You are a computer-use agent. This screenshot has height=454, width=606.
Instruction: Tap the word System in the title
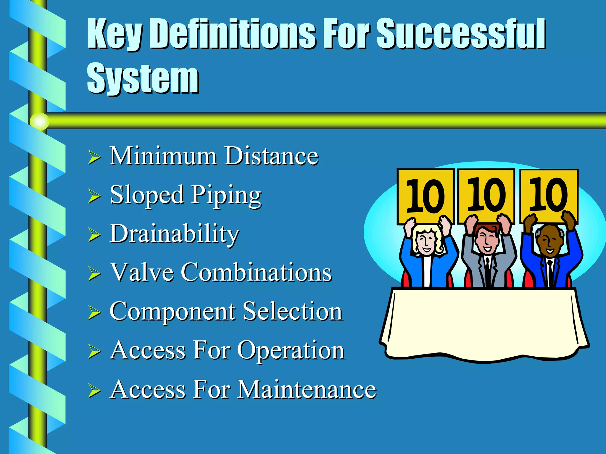click(143, 79)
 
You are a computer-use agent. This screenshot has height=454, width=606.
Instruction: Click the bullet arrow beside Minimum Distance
click(94, 157)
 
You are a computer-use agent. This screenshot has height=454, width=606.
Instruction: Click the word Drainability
click(175, 234)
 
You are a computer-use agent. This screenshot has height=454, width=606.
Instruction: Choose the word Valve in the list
click(142, 272)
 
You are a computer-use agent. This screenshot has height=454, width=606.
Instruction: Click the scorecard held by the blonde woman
click(425, 196)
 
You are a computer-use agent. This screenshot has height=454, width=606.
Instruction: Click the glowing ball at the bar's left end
click(39, 121)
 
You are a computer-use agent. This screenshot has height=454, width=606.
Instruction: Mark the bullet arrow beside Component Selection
click(94, 313)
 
